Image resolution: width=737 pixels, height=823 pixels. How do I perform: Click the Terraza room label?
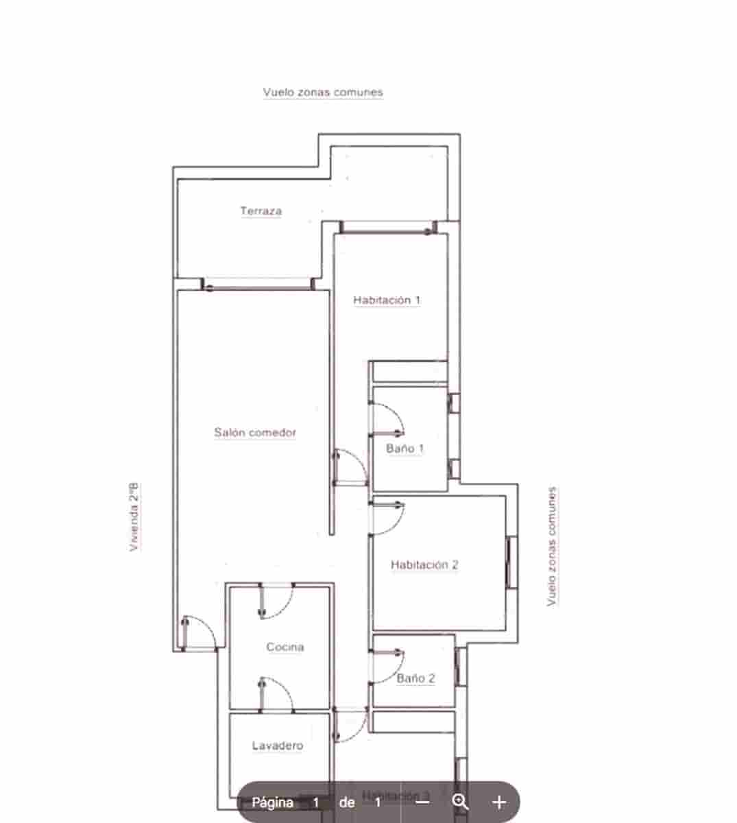261,211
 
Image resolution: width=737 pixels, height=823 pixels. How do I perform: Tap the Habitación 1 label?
387,300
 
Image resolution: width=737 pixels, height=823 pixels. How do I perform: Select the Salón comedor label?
255,433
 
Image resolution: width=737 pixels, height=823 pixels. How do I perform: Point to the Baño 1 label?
405,449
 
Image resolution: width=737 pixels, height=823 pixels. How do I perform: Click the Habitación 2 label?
424,565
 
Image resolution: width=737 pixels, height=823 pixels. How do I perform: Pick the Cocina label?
285,647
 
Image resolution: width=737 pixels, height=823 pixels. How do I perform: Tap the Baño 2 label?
416,678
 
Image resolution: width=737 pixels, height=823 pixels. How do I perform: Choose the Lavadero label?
278,746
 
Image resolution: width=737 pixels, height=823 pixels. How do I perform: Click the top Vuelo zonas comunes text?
323,92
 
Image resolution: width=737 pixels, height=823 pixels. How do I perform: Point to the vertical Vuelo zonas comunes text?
552,547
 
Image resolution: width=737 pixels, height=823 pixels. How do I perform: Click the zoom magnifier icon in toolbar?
460,802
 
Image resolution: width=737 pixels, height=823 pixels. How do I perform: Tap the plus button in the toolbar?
499,802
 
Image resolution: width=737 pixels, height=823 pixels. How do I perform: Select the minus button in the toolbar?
423,802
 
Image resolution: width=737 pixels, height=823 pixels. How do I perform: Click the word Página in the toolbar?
272,802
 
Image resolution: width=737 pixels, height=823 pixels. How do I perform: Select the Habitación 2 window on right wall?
511,562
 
